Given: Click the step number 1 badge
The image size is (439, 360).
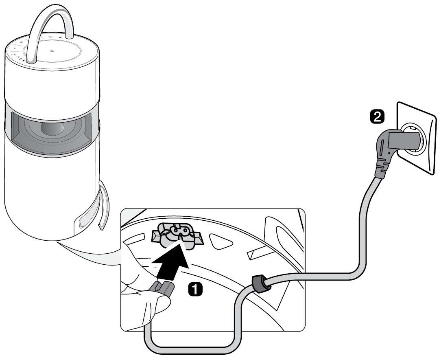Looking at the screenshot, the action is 195,290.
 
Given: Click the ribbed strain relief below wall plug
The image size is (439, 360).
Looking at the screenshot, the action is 382,168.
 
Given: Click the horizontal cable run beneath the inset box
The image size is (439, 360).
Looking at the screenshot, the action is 190,345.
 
